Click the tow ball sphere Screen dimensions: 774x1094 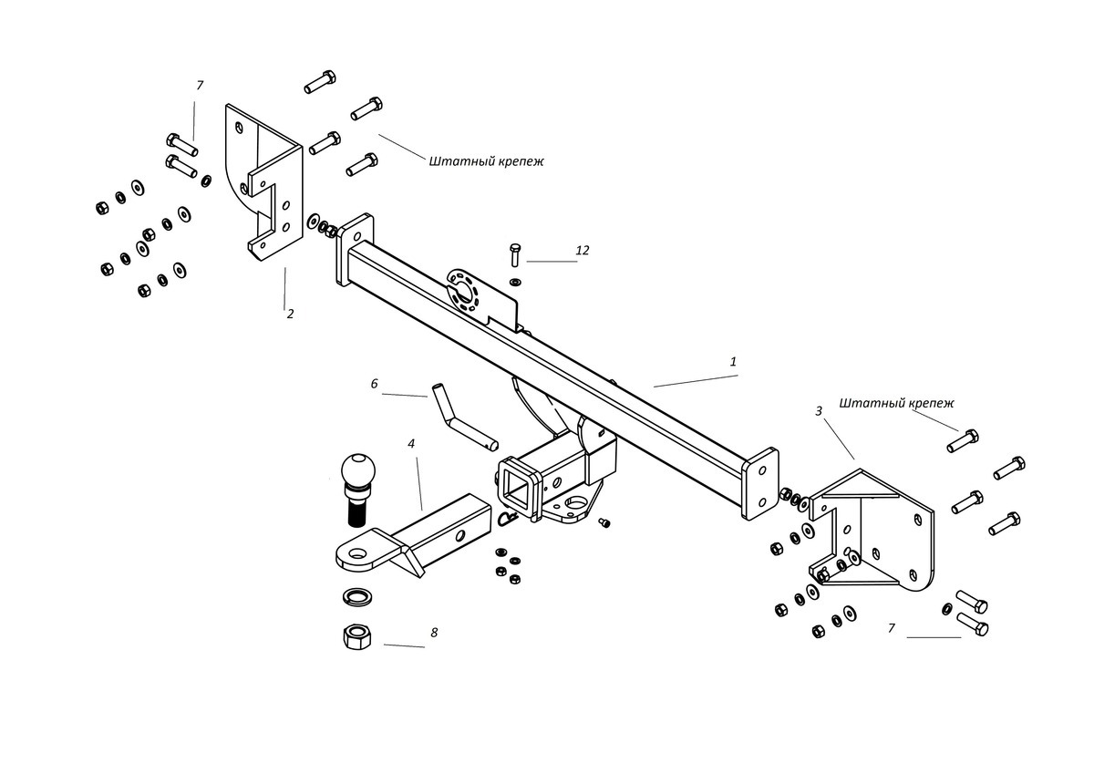click(357, 470)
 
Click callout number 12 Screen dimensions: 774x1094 click(583, 250)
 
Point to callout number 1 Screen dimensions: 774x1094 click(733, 362)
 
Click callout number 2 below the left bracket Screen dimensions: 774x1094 click(290, 314)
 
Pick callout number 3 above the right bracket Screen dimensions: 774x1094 click(819, 411)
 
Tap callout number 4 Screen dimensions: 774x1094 click(411, 444)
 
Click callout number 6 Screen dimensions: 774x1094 click(374, 384)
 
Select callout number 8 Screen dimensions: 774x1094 click(434, 632)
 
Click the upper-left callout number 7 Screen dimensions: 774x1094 click(200, 86)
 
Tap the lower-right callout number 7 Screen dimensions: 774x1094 click(892, 628)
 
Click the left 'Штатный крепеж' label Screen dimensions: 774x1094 click(486, 161)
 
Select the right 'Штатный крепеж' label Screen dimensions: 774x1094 click(896, 402)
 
